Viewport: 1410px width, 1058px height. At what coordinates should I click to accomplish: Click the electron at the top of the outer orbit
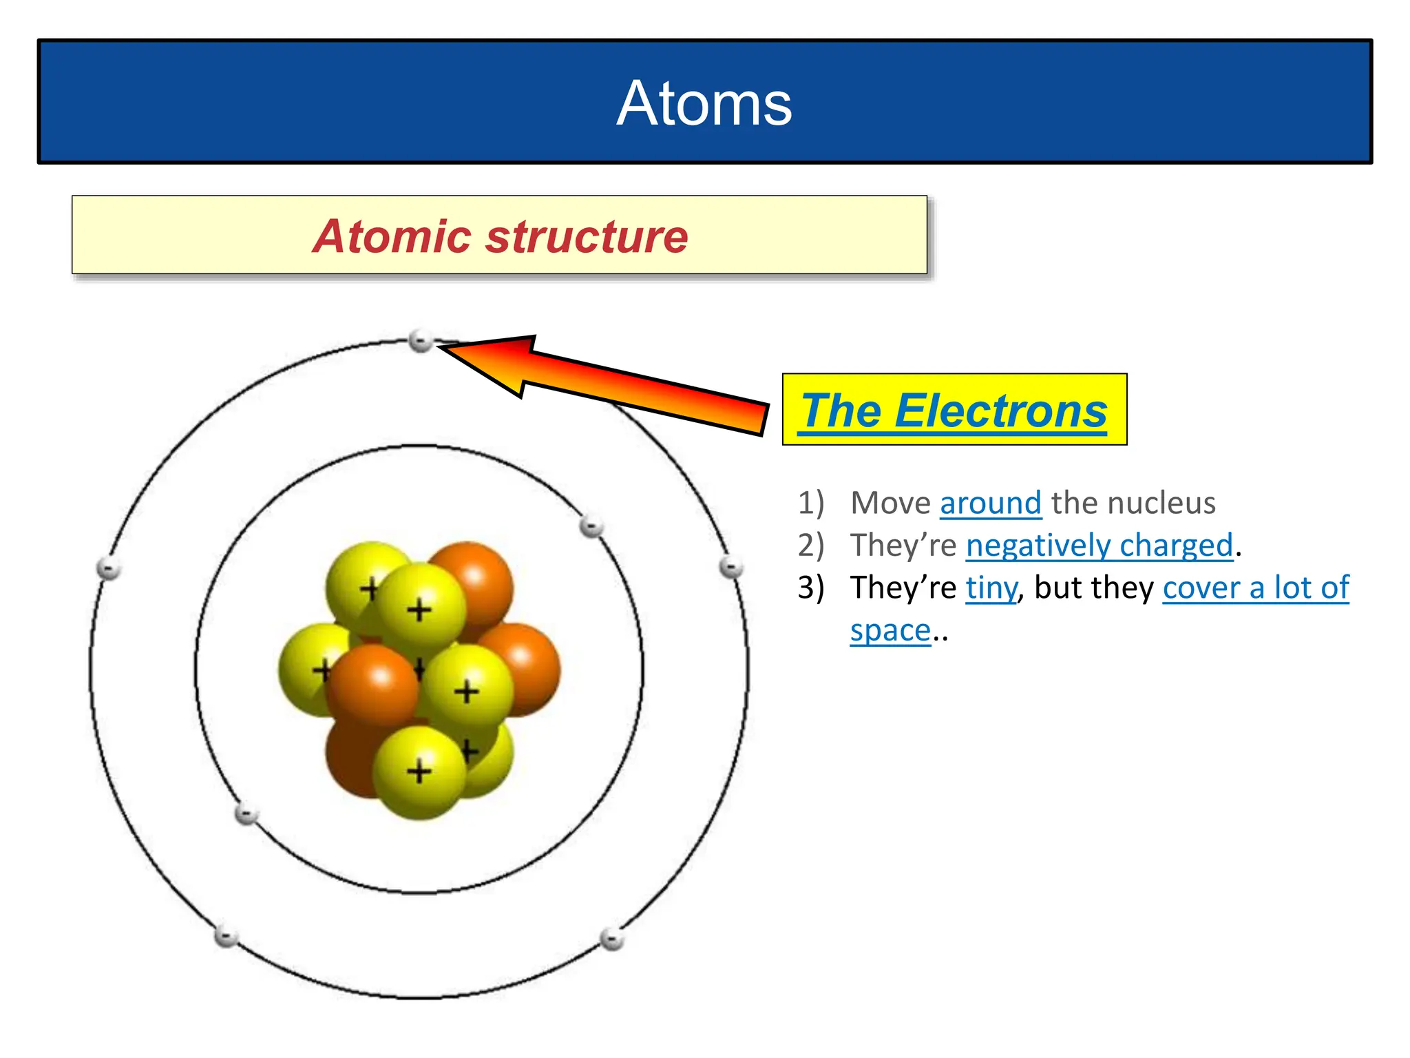420,340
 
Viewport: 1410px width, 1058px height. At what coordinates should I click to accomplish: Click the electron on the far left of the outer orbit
109,568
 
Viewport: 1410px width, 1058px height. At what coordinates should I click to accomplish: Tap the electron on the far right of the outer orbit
730,568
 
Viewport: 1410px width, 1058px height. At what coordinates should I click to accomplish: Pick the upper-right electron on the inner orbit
591,527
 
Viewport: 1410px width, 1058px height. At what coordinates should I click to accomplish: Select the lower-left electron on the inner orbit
246,814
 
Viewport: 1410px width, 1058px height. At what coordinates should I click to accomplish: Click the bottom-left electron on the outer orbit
226,937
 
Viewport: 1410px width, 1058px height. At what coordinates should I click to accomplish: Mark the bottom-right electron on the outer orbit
611,938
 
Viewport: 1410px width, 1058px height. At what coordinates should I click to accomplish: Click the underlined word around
990,503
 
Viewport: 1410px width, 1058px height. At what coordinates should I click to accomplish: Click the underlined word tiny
991,588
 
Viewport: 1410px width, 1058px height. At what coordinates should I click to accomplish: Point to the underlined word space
890,630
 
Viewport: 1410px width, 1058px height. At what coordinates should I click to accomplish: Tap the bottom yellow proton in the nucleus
419,773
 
